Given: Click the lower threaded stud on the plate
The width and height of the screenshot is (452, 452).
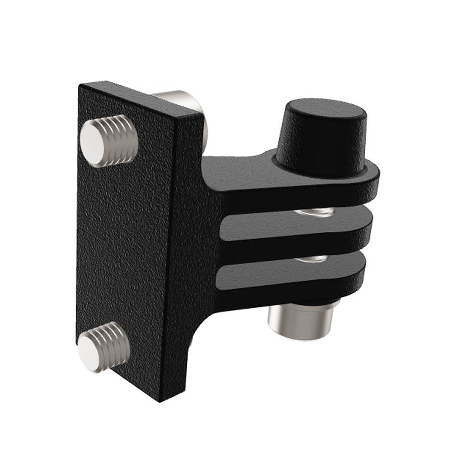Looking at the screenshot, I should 104,347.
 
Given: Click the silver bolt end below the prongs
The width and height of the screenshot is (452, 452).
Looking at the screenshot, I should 301,321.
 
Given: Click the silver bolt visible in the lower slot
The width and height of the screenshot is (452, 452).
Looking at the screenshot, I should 314,258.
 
